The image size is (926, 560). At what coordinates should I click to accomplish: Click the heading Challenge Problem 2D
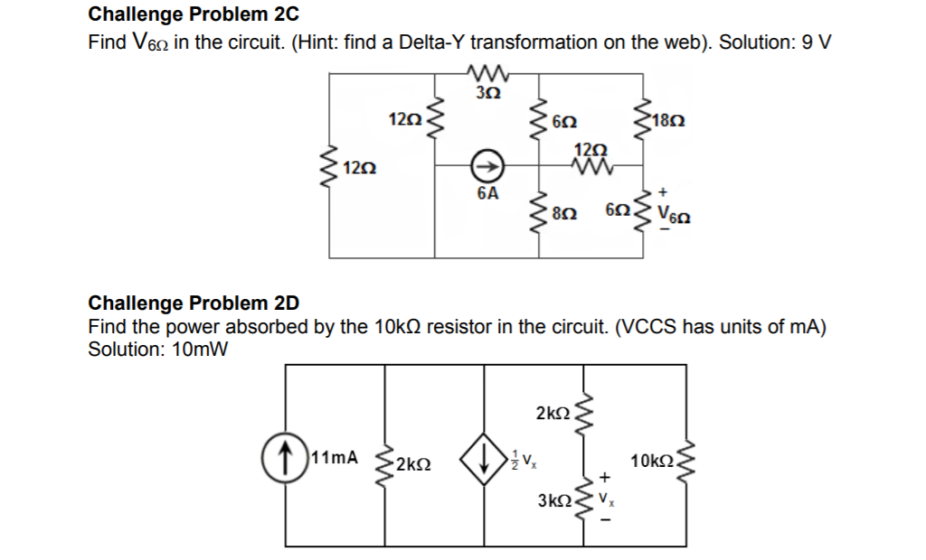(194, 303)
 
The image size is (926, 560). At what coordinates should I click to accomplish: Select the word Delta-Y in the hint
(430, 42)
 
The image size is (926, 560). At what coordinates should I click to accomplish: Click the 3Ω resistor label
(487, 92)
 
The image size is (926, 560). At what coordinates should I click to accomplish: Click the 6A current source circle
(487, 167)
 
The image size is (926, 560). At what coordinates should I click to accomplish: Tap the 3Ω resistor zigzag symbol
(487, 75)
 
